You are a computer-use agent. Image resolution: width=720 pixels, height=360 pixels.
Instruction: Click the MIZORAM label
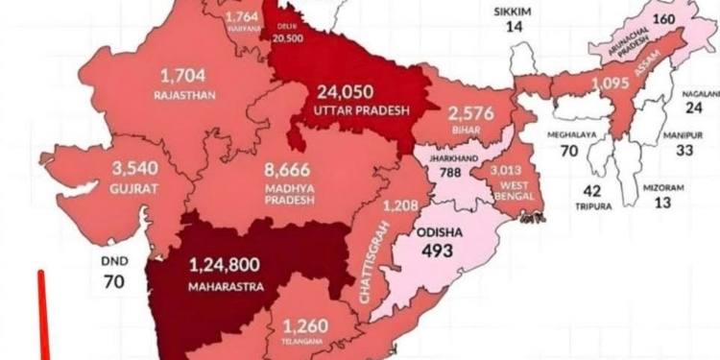pyautogui.click(x=662, y=187)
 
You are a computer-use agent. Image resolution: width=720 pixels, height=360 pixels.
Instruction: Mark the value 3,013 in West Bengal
pyautogui.click(x=505, y=170)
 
